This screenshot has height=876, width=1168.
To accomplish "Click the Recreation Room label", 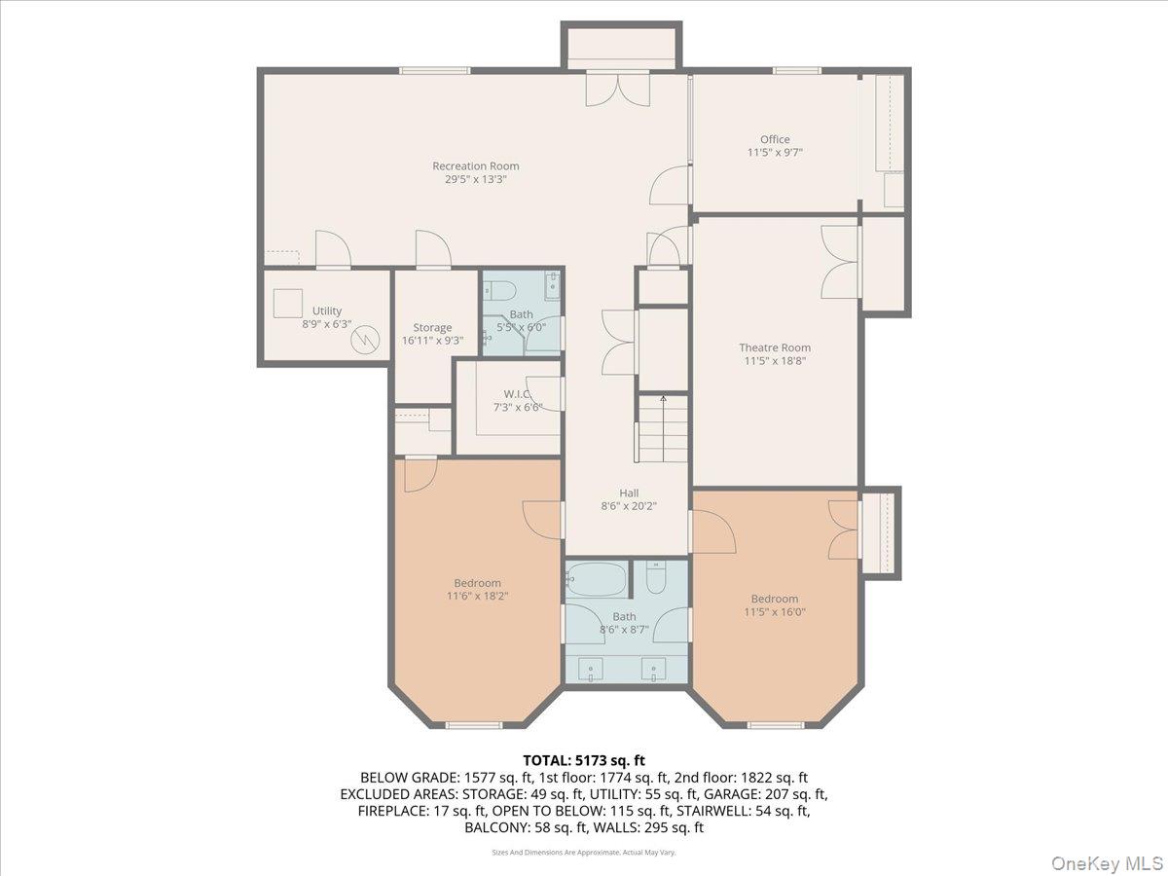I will click(x=476, y=166).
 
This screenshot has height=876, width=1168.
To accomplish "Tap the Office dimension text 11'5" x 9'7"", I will click(x=775, y=153).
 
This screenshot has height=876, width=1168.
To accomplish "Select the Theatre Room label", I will click(x=775, y=347).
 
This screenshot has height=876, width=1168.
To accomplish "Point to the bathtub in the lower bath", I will click(x=597, y=580).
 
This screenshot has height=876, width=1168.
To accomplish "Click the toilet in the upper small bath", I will click(x=500, y=290).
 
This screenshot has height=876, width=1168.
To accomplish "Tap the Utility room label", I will click(x=327, y=310).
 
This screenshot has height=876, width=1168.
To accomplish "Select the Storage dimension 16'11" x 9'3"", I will click(x=432, y=341).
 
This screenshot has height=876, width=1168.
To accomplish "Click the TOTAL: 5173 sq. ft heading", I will click(x=584, y=760).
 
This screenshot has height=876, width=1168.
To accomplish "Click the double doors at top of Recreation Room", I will click(x=618, y=90).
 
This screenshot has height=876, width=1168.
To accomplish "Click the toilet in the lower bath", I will click(x=656, y=580).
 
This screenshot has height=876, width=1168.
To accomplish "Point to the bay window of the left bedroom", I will click(x=474, y=724).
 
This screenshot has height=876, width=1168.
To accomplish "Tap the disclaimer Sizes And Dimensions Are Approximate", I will click(x=584, y=852).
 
